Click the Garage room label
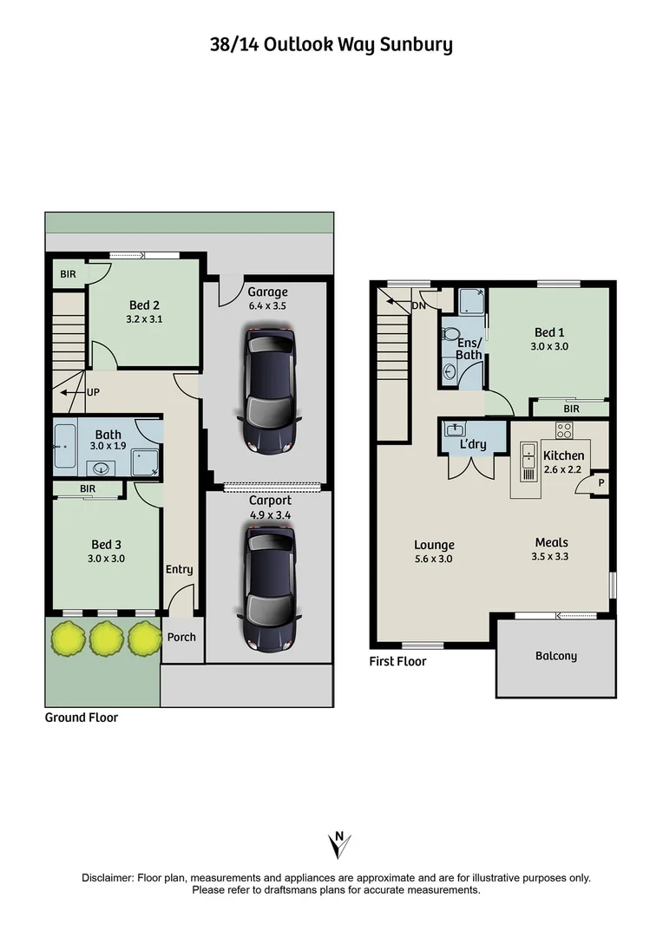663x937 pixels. [267, 292]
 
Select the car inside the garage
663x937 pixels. [270, 390]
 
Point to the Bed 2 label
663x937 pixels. [144, 305]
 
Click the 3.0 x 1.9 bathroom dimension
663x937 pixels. [108, 446]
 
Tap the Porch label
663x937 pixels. [181, 637]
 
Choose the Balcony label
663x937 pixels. [556, 656]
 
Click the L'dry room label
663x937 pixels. [472, 444]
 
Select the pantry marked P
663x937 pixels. [601, 483]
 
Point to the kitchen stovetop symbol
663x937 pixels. [564, 430]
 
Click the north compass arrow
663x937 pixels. [339, 844]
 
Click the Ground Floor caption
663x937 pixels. [82, 717]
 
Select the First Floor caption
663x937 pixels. [397, 661]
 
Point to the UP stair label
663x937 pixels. [93, 393]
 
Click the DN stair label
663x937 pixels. [419, 305]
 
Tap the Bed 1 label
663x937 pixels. [549, 332]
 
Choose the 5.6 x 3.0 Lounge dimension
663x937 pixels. [433, 559]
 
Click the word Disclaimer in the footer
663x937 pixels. [108, 878]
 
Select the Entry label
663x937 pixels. [180, 569]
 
